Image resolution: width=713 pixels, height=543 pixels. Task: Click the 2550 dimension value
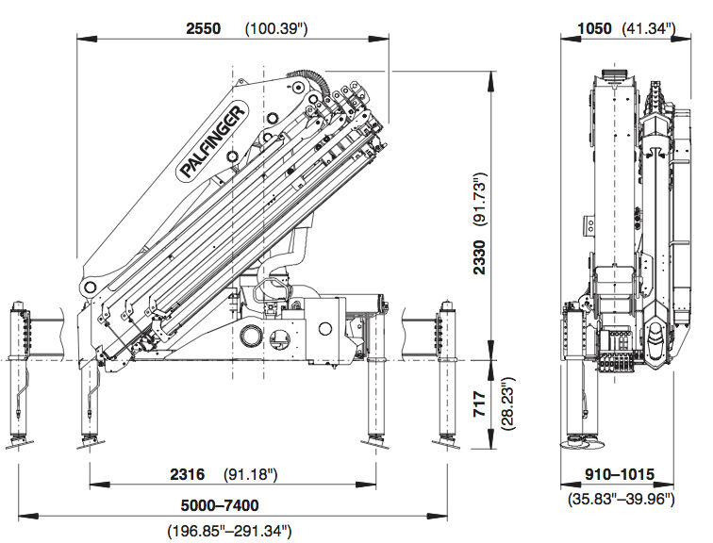(x=203, y=28)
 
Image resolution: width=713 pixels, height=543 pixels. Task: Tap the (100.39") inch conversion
(x=277, y=28)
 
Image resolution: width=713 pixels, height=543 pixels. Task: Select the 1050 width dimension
(x=594, y=28)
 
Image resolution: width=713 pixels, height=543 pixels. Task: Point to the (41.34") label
(x=650, y=28)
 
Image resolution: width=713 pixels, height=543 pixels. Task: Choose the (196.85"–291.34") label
(x=229, y=530)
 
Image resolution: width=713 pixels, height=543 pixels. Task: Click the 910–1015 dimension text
(x=618, y=474)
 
